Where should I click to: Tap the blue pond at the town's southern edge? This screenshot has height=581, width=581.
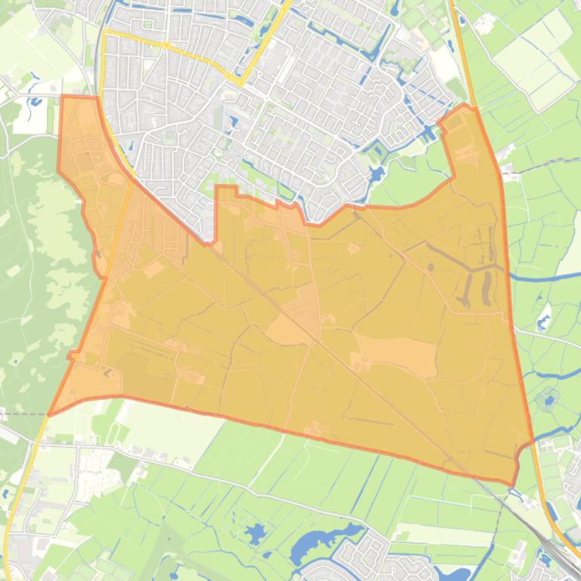[375, 176]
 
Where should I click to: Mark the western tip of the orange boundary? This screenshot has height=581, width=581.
[49, 414]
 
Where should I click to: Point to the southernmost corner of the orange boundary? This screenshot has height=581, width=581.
[513, 484]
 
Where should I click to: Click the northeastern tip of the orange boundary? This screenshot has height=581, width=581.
[465, 106]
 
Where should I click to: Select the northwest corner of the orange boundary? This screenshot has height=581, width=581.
[62, 97]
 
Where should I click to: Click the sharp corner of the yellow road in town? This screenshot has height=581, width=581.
[240, 81]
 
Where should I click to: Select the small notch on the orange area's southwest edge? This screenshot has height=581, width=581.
[73, 355]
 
